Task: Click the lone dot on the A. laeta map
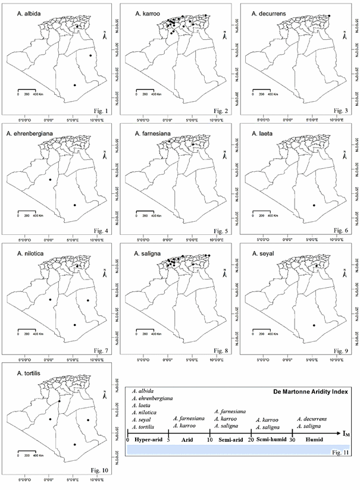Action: tap(314, 205)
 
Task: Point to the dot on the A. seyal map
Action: tap(314, 325)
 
